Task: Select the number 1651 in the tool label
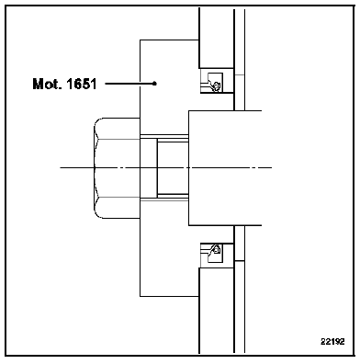pyautogui.click(x=81, y=84)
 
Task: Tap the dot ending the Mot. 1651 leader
pyautogui.click(x=154, y=84)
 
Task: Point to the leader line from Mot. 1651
pyautogui.click(x=129, y=84)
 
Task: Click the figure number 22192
pyautogui.click(x=332, y=341)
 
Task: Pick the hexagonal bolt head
pyautogui.click(x=117, y=168)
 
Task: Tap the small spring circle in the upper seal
pyautogui.click(x=217, y=85)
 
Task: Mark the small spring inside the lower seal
pyautogui.click(x=217, y=250)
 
